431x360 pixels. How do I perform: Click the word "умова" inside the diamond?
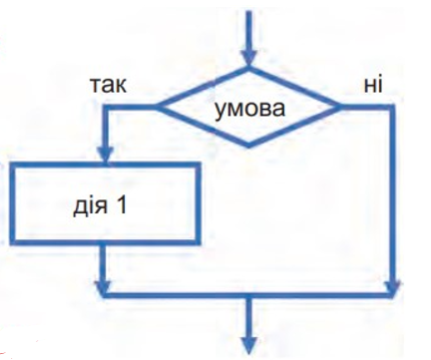(x=249, y=109)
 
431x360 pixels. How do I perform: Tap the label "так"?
(x=109, y=85)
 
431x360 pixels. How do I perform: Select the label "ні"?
(x=373, y=84)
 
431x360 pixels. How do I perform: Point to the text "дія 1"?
(x=100, y=205)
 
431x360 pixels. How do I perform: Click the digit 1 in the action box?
(x=121, y=204)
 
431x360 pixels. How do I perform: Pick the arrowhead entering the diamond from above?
(x=248, y=58)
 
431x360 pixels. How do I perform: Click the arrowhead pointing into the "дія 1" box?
(x=106, y=155)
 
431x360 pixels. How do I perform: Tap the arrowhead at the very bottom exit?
(x=248, y=346)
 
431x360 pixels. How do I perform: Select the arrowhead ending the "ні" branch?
(x=393, y=287)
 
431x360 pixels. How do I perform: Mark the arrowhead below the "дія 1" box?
(x=103, y=287)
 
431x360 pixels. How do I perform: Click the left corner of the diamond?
(x=157, y=108)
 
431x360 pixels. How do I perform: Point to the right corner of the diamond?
(x=340, y=108)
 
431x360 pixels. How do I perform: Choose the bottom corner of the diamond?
(x=248, y=147)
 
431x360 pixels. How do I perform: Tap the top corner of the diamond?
(x=248, y=68)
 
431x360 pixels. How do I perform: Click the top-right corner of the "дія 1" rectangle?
(x=199, y=166)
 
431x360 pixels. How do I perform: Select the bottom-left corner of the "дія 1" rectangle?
(x=13, y=242)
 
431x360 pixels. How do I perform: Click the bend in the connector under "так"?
(x=106, y=108)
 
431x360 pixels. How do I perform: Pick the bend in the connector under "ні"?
(x=393, y=108)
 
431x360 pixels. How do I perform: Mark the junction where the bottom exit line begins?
(x=248, y=294)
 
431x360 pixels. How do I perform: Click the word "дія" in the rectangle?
(x=91, y=206)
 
